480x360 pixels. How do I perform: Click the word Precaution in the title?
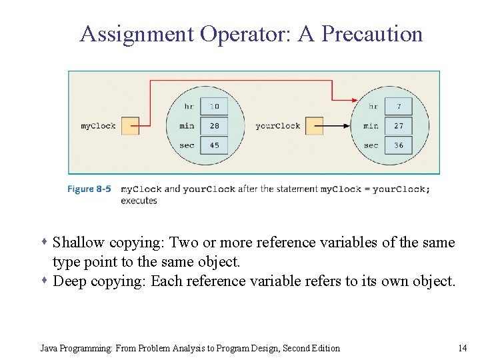372,34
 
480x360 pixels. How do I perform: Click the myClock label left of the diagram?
98,126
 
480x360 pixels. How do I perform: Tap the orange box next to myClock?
131,126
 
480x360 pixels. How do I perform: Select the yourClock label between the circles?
277,126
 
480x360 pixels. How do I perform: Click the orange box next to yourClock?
314,126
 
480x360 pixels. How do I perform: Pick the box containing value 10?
214,106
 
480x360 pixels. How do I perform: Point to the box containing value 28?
214,125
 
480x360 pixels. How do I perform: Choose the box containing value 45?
214,145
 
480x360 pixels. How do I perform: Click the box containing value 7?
399,106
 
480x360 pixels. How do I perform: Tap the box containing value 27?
399,125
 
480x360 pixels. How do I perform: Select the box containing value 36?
399,145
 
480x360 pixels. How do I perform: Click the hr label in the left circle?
189,107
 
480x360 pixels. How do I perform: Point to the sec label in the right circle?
371,145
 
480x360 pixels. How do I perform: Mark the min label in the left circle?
187,126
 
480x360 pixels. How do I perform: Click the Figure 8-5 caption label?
89,189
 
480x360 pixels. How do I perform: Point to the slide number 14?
463,348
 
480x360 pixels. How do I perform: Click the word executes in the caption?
139,201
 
